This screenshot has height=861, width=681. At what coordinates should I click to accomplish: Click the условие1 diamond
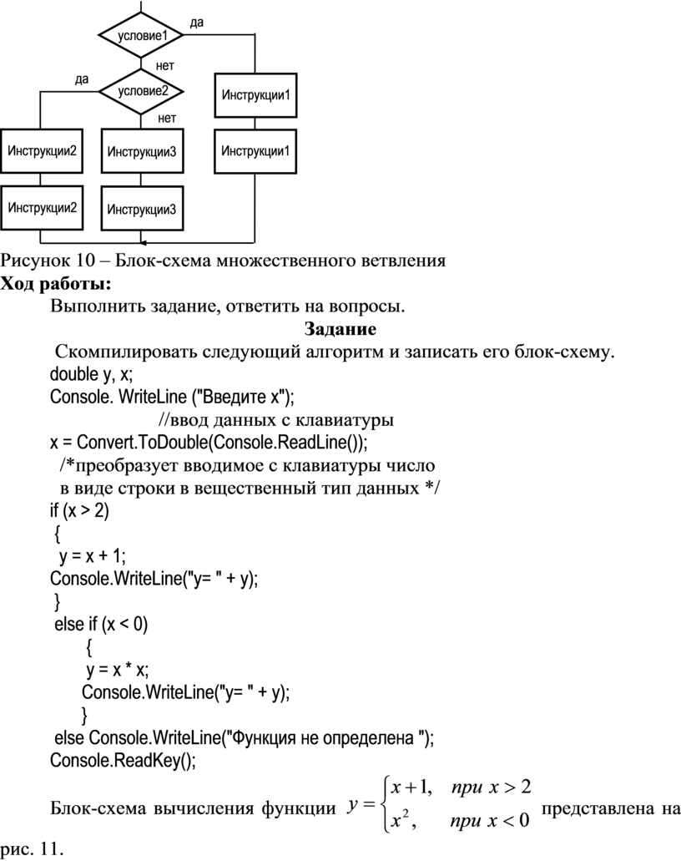141,35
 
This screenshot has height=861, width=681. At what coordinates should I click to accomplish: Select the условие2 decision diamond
141,91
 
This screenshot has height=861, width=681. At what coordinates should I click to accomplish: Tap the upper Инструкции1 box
255,95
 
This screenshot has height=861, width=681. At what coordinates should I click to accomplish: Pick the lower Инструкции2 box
42,208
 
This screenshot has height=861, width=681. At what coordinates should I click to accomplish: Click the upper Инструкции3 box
142,151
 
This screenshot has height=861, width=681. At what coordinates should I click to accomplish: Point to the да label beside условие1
196,23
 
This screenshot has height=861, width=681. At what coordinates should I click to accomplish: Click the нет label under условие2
167,118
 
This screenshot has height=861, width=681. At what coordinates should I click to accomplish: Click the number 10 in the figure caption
86,260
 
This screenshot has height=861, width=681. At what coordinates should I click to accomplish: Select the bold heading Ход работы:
55,283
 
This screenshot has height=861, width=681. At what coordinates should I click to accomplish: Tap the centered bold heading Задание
340,329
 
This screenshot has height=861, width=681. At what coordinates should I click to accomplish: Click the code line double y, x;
91,374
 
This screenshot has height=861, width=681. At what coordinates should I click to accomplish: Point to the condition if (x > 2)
79,511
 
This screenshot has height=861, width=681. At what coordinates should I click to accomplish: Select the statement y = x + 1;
92,556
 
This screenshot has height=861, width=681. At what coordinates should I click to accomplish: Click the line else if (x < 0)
101,625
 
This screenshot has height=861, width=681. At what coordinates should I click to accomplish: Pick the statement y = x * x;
118,670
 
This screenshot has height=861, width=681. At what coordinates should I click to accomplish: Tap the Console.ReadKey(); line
123,761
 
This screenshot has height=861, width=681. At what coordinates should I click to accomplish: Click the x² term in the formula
401,820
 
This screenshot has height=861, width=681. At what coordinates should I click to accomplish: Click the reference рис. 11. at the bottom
32,849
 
